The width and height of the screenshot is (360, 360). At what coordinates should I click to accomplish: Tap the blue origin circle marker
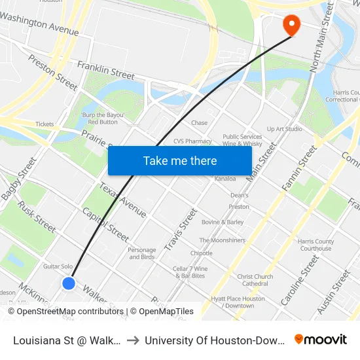click(x=69, y=283)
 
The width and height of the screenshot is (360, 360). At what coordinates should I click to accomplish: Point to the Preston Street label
click(x=52, y=71)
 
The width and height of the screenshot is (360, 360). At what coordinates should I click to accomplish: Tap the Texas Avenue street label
click(x=122, y=200)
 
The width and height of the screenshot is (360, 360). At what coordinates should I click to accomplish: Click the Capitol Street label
click(x=105, y=223)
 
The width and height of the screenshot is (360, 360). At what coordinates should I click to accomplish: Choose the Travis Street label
click(x=181, y=229)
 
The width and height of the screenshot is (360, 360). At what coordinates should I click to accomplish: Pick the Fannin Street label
click(x=300, y=170)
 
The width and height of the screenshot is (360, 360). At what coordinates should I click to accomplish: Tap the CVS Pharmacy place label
click(x=192, y=141)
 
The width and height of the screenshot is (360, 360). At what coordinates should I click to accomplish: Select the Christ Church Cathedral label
click(x=255, y=280)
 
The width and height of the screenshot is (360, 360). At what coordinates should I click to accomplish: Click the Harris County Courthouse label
click(x=315, y=245)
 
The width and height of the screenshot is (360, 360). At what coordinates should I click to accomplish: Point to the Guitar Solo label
click(x=58, y=266)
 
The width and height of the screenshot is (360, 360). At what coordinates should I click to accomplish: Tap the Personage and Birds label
click(x=142, y=253)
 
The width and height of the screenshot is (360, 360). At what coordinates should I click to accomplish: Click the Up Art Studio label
click(x=285, y=129)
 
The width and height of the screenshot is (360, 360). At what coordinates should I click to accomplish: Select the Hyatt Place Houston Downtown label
click(x=238, y=302)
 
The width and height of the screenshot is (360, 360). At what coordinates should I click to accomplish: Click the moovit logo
click(x=320, y=339)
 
